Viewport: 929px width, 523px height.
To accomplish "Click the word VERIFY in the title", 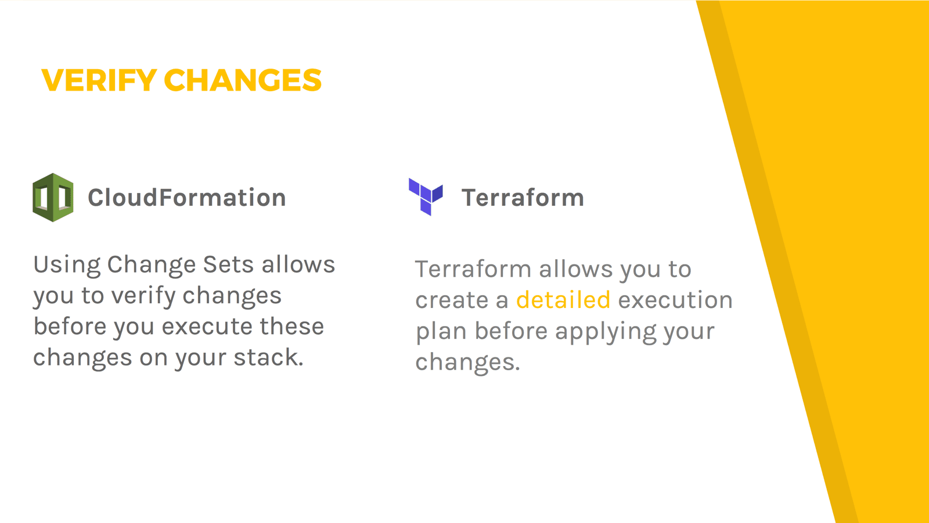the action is [x=99, y=80].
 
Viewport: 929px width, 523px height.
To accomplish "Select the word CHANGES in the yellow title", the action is [x=243, y=80].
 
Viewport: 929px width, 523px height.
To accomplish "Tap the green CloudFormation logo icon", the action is [x=53, y=198].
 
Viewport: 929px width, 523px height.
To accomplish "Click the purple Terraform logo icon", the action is [x=426, y=197].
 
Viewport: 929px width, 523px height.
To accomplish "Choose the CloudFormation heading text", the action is [x=187, y=197].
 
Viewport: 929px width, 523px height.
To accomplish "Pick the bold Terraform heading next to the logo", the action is [x=523, y=198].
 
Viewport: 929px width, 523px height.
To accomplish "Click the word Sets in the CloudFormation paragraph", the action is [x=228, y=265].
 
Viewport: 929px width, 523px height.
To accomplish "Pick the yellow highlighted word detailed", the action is [x=563, y=300].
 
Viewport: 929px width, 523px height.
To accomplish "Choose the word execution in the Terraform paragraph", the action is [x=676, y=300].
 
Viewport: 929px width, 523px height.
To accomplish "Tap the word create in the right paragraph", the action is [x=452, y=300].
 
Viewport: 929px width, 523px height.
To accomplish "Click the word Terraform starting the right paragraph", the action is [x=473, y=269].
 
